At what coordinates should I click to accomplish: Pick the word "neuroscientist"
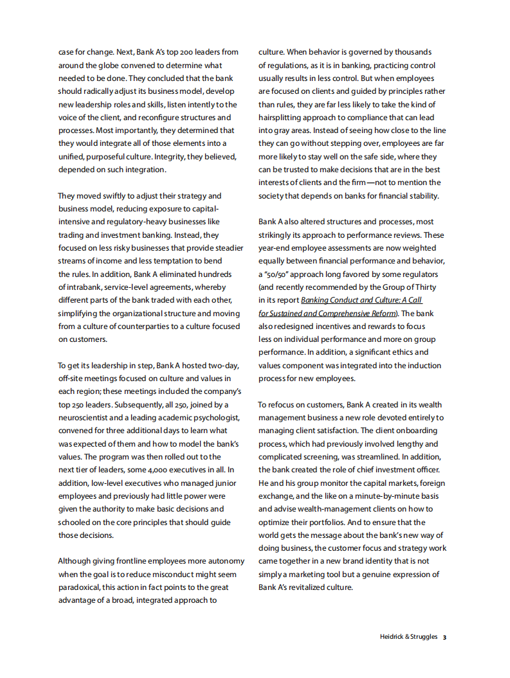click(x=84, y=418)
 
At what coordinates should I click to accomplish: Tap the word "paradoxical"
click(x=82, y=587)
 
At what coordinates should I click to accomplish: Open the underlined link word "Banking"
click(x=317, y=300)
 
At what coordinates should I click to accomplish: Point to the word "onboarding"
click(x=414, y=431)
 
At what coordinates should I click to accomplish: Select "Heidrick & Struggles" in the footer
click(x=408, y=637)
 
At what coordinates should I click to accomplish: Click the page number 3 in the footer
click(x=444, y=638)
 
